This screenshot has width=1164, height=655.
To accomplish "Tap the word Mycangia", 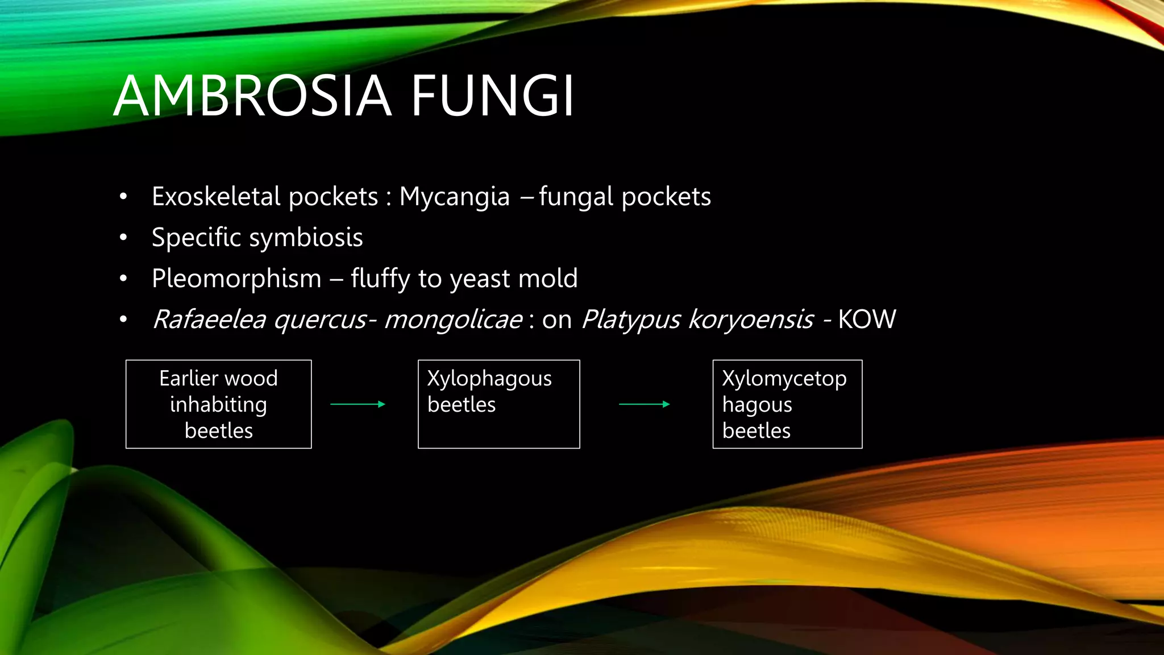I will click(x=454, y=197).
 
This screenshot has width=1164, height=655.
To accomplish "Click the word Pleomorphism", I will click(x=236, y=279).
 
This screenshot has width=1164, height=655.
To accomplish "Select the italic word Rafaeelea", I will click(x=209, y=320).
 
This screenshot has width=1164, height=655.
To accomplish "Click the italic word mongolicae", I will click(x=453, y=320).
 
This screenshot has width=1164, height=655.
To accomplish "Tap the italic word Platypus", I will click(x=631, y=320).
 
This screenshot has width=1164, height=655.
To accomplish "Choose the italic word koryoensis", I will click(x=751, y=320).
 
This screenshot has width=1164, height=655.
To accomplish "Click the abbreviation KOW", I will click(x=867, y=320).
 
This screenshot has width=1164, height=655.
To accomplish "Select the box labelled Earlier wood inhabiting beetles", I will click(x=219, y=404).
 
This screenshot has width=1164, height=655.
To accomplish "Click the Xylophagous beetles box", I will click(x=499, y=404).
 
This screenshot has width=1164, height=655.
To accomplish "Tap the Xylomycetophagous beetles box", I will click(x=787, y=404).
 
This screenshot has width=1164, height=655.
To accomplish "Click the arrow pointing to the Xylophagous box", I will click(x=358, y=404).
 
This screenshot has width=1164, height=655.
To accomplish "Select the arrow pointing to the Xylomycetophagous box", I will click(x=645, y=404).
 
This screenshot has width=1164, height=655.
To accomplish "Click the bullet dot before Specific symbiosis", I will click(x=123, y=238).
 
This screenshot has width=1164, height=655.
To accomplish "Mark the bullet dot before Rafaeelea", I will click(x=123, y=320).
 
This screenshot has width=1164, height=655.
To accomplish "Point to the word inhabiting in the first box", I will click(x=219, y=404).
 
